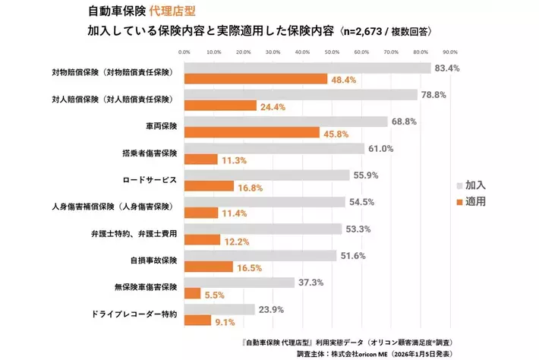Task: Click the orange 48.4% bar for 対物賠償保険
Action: click(x=255, y=79)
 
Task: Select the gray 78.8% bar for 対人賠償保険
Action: click(x=300, y=95)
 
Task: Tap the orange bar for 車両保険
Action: click(x=251, y=132)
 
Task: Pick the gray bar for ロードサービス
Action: click(x=266, y=175)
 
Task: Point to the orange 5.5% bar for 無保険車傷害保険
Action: click(x=192, y=293)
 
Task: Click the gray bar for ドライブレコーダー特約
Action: click(x=219, y=309)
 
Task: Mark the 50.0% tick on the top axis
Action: click(x=332, y=53)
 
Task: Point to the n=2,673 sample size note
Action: click(x=367, y=32)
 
